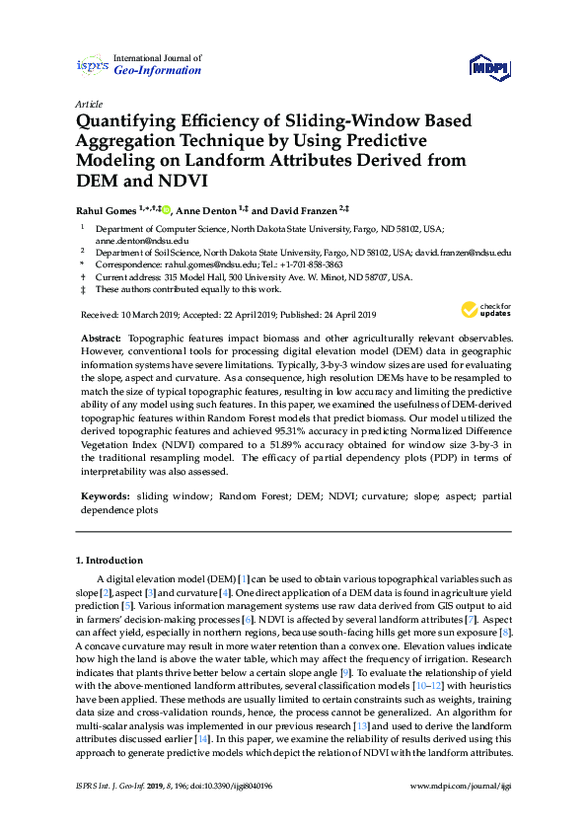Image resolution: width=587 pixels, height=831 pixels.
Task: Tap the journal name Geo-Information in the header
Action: (158, 71)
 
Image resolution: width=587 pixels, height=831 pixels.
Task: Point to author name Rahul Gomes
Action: (105, 209)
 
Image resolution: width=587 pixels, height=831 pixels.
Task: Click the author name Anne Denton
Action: (205, 209)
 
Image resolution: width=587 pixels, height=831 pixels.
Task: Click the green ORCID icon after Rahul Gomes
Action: (167, 209)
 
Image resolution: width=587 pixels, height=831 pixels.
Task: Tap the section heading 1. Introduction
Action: (110, 561)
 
